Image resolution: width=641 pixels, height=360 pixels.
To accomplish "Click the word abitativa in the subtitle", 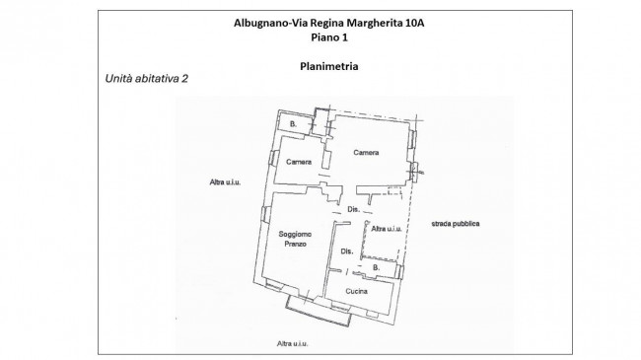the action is pyautogui.click(x=156, y=79).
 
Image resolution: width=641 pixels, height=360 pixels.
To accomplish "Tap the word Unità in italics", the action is pyautogui.click(x=118, y=79).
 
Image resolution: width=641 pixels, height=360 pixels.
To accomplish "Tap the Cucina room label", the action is pyautogui.click(x=356, y=292).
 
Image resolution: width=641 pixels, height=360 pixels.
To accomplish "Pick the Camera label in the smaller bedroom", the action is pyautogui.click(x=299, y=162).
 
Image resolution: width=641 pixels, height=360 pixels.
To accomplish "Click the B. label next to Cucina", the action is pyautogui.click(x=376, y=268).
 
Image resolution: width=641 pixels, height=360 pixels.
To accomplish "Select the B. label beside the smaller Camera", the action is pyautogui.click(x=293, y=124).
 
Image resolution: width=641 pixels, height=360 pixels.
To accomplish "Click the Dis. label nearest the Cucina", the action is pyautogui.click(x=347, y=252).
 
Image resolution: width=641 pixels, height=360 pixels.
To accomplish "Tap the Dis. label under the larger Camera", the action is pyautogui.click(x=352, y=210).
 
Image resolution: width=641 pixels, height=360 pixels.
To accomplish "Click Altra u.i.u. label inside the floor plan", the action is pyautogui.click(x=387, y=229).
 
